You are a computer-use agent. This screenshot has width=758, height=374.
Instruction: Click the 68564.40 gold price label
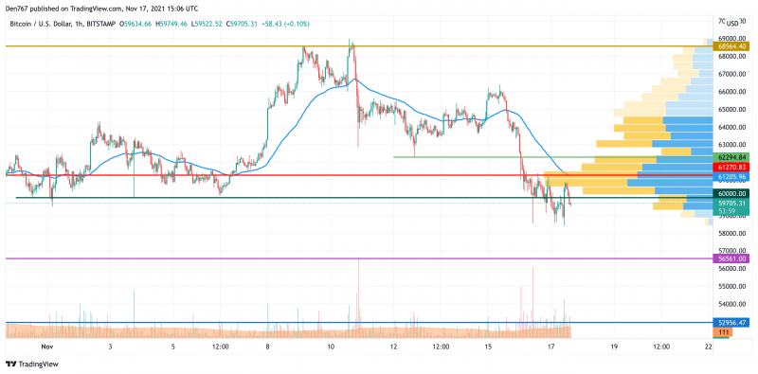click(x=732, y=45)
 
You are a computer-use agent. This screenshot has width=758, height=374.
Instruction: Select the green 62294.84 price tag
click(x=732, y=157)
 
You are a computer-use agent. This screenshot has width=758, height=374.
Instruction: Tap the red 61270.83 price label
click(x=732, y=167)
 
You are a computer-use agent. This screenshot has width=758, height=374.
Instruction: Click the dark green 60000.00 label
click(x=732, y=193)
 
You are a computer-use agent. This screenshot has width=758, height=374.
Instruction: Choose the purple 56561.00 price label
click(x=732, y=258)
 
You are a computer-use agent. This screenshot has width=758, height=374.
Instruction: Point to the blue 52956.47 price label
click(x=732, y=323)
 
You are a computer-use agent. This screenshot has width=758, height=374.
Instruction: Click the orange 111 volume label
click(x=723, y=332)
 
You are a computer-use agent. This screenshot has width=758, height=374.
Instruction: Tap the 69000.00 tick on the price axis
click(x=731, y=38)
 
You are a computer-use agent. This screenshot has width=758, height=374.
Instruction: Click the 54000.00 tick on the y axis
click(x=731, y=304)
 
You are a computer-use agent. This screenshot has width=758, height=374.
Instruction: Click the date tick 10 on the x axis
click(x=331, y=347)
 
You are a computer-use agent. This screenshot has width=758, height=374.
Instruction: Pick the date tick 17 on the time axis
click(x=551, y=347)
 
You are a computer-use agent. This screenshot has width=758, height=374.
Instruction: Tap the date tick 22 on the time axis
click(x=708, y=347)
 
